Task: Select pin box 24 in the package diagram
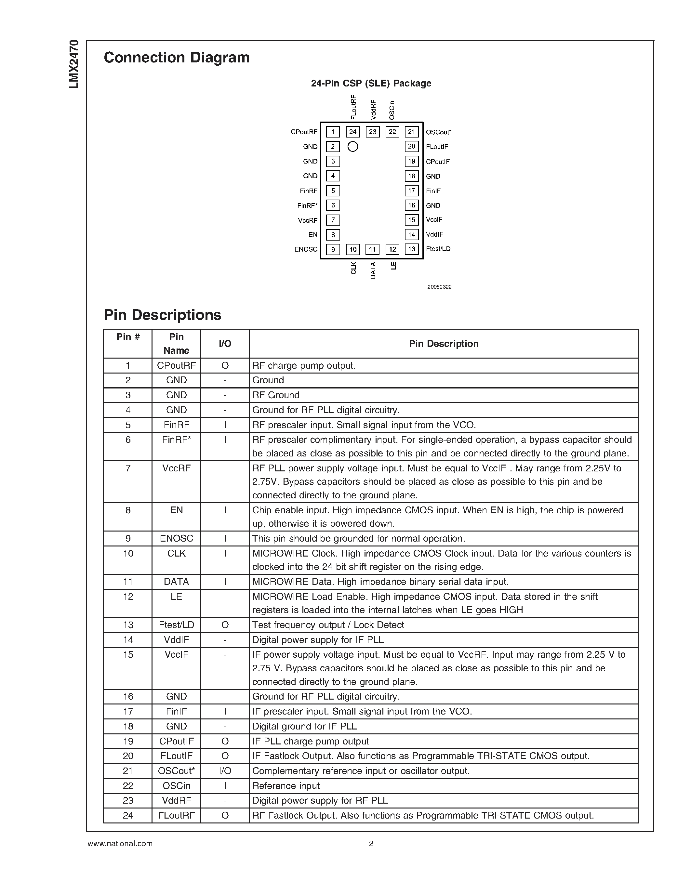[352, 132]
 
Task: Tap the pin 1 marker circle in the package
[352, 147]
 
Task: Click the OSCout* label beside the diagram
[438, 132]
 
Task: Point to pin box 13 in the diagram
[411, 249]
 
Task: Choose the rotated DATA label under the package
[373, 270]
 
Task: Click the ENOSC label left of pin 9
[306, 249]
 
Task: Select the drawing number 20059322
[439, 287]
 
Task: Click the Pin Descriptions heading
[162, 315]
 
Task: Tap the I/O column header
[225, 344]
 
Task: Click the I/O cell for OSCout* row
[225, 771]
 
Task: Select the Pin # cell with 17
[128, 711]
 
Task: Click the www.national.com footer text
[120, 843]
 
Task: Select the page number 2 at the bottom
[371, 843]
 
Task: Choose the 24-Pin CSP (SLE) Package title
[371, 84]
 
